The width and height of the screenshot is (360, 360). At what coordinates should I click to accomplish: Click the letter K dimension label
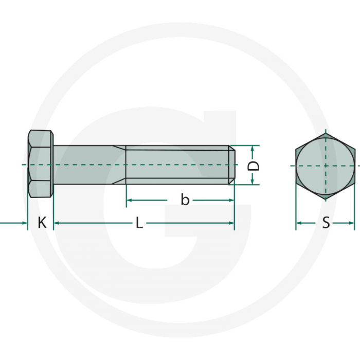(42, 223)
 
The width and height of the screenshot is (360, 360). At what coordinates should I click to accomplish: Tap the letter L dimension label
(139, 223)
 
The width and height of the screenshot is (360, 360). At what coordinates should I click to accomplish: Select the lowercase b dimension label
(185, 200)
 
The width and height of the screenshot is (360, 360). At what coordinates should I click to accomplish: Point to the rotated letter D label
(253, 166)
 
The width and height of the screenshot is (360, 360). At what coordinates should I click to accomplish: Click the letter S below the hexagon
(326, 223)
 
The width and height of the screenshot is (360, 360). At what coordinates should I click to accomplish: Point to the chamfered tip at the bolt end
(232, 165)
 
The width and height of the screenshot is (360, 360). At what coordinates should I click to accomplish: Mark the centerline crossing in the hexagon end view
(326, 166)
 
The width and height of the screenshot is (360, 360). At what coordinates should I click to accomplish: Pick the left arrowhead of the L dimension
(57, 223)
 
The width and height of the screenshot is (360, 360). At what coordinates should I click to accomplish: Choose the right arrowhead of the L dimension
(231, 223)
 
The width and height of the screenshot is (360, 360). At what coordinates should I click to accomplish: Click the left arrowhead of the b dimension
(130, 200)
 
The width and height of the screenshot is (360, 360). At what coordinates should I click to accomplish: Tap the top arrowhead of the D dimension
(253, 148)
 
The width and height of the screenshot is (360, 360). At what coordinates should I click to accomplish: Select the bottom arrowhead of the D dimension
(253, 182)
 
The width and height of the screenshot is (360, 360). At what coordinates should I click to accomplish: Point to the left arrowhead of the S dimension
(299, 223)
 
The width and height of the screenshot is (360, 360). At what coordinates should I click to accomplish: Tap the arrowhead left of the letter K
(24, 223)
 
